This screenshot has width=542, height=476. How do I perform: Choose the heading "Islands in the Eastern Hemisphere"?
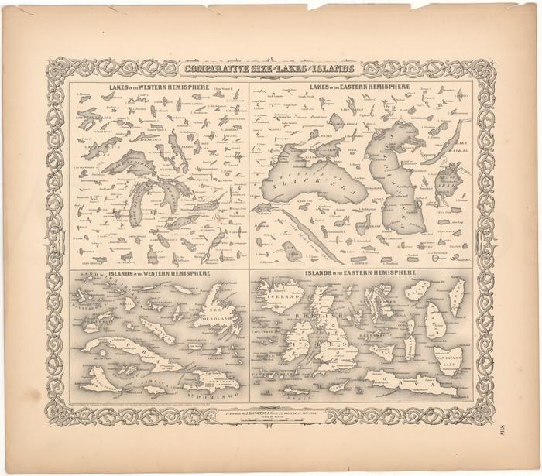pyautogui.click(x=361, y=274)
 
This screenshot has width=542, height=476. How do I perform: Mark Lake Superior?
pyautogui.click(x=124, y=163)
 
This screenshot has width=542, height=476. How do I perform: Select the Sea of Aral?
pyautogui.click(x=448, y=183)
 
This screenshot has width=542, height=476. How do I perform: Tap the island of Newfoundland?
pyautogui.click(x=218, y=313)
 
